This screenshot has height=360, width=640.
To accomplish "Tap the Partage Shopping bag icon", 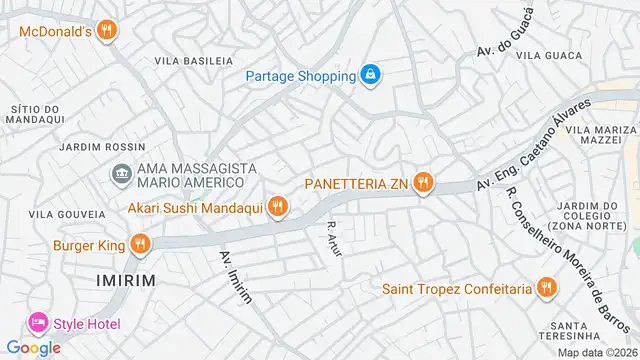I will pos(371,75).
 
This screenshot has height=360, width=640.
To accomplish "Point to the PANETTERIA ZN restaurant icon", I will pos(425,183).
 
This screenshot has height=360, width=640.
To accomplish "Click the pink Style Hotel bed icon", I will pos(38,323).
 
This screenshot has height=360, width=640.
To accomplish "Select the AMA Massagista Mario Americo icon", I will pos(122,175).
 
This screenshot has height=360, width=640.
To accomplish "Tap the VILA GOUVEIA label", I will pos(66,214).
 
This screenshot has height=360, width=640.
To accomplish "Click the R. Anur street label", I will pos(335,241).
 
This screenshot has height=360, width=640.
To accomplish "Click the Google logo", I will pos(33,348).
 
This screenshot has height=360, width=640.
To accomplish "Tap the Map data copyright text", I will pos(597,352).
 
